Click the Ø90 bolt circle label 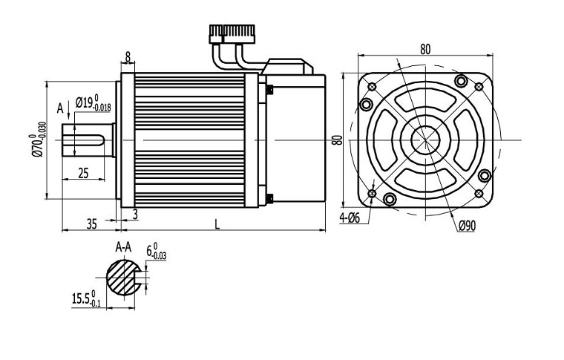click(x=467, y=226)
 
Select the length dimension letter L click(x=217, y=223)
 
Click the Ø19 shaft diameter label click(x=93, y=104)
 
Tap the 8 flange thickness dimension click(x=128, y=56)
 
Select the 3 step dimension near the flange click(x=134, y=214)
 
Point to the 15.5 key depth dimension click(x=85, y=299)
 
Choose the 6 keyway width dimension click(x=156, y=252)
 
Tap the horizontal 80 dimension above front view click(x=425, y=49)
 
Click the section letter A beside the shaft click(x=61, y=108)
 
